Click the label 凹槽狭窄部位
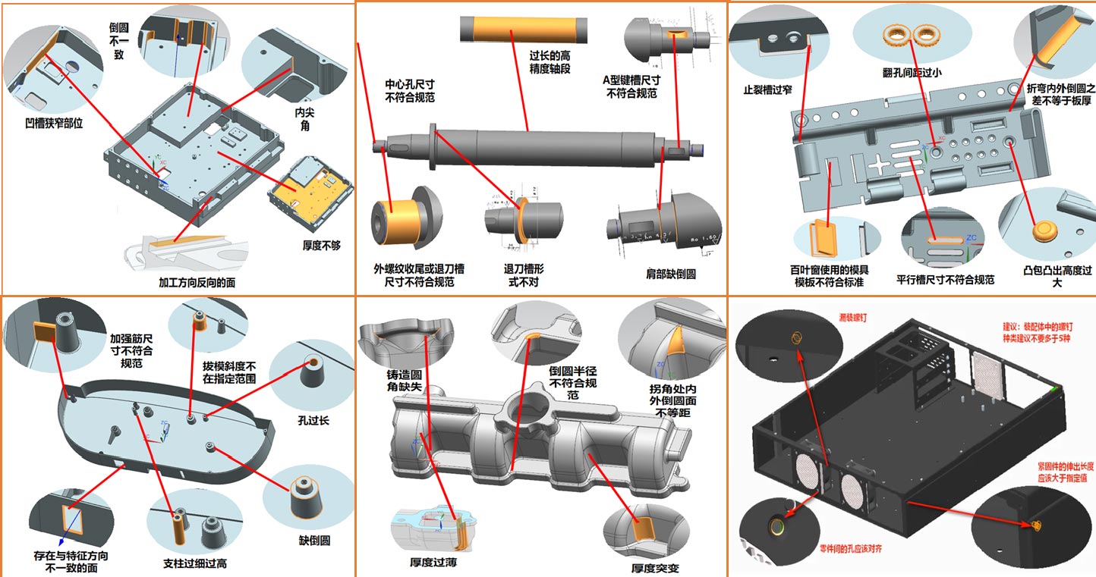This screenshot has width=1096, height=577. click(52, 122)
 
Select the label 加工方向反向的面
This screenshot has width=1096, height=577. click(197, 283)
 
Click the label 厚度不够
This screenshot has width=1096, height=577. click(321, 245)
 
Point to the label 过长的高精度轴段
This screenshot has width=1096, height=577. click(550, 61)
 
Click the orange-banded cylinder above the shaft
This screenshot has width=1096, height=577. click(524, 30)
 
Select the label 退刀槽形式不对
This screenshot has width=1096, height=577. click(524, 274)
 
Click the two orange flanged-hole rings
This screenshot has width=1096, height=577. click(912, 34)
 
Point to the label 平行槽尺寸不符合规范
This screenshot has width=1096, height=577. click(945, 279)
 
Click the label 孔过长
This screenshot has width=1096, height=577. click(311, 420)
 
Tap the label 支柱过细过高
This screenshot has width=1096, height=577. click(195, 564)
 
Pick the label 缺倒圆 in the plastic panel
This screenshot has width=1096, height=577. click(314, 541)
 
